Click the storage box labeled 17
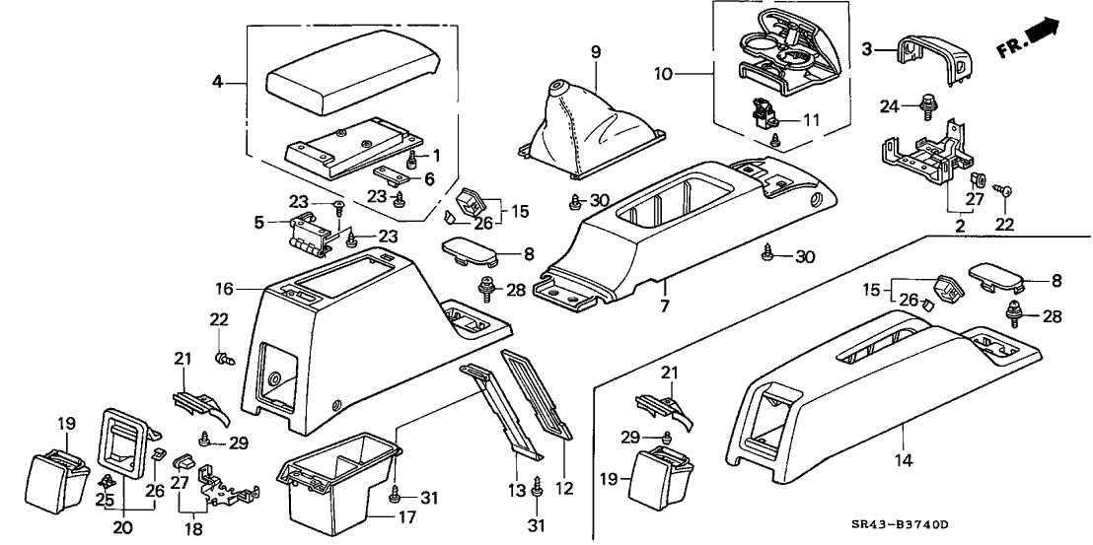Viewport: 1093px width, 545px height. [x=340, y=484]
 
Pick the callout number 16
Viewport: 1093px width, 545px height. [x=224, y=289]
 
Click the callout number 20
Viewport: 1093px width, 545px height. [x=122, y=527]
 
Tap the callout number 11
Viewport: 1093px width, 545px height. [x=811, y=120]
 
